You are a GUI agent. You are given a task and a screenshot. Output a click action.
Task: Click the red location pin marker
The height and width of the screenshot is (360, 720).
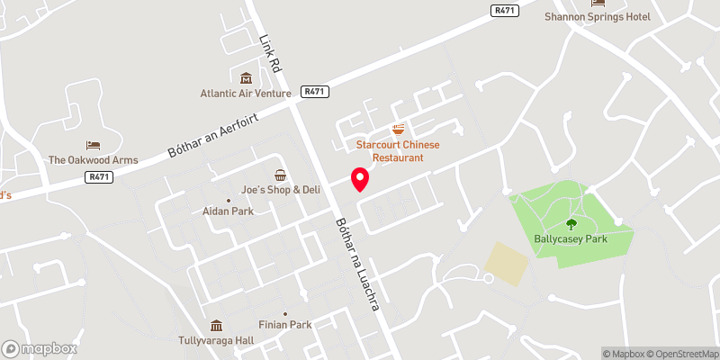pos(359,179)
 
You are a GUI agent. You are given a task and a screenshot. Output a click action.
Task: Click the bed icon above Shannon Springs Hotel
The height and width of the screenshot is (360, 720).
pos(598,3)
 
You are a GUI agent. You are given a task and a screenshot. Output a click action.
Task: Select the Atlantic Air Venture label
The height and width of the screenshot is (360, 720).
pos(246,93)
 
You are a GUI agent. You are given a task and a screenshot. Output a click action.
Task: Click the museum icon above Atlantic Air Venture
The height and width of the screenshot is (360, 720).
pos(246,77)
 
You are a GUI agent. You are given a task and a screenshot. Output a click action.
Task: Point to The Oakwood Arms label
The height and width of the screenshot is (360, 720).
pos(94,160)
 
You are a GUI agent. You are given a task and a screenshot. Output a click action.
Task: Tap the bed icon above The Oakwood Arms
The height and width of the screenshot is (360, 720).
pos(93,145)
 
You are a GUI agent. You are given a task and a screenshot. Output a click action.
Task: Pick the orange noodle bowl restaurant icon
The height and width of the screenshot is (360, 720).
pos(398,130)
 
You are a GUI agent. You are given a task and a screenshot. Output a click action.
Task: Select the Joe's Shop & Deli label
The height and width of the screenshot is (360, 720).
pos(281,190)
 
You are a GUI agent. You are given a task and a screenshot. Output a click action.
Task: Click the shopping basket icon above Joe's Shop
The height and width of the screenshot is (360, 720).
pos(281,175)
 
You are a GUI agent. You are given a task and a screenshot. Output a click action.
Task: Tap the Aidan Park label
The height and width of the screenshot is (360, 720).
pos(228,211)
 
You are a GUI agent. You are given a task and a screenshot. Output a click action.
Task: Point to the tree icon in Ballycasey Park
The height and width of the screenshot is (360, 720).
pos(571,224)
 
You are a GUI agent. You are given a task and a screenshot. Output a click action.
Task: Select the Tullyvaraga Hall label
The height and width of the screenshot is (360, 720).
pos(216,341)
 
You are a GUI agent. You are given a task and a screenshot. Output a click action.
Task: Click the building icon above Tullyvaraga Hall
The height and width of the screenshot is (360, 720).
pos(216,326)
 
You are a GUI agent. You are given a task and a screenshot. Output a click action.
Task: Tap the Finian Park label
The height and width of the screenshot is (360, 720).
pos(286,324)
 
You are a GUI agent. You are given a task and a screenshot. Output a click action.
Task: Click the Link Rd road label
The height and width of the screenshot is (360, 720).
pos(270,55)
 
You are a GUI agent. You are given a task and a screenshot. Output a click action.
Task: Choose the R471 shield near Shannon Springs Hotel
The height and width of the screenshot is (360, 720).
pos(504,10)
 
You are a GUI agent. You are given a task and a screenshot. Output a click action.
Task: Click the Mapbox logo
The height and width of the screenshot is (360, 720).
pos(40,348)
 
